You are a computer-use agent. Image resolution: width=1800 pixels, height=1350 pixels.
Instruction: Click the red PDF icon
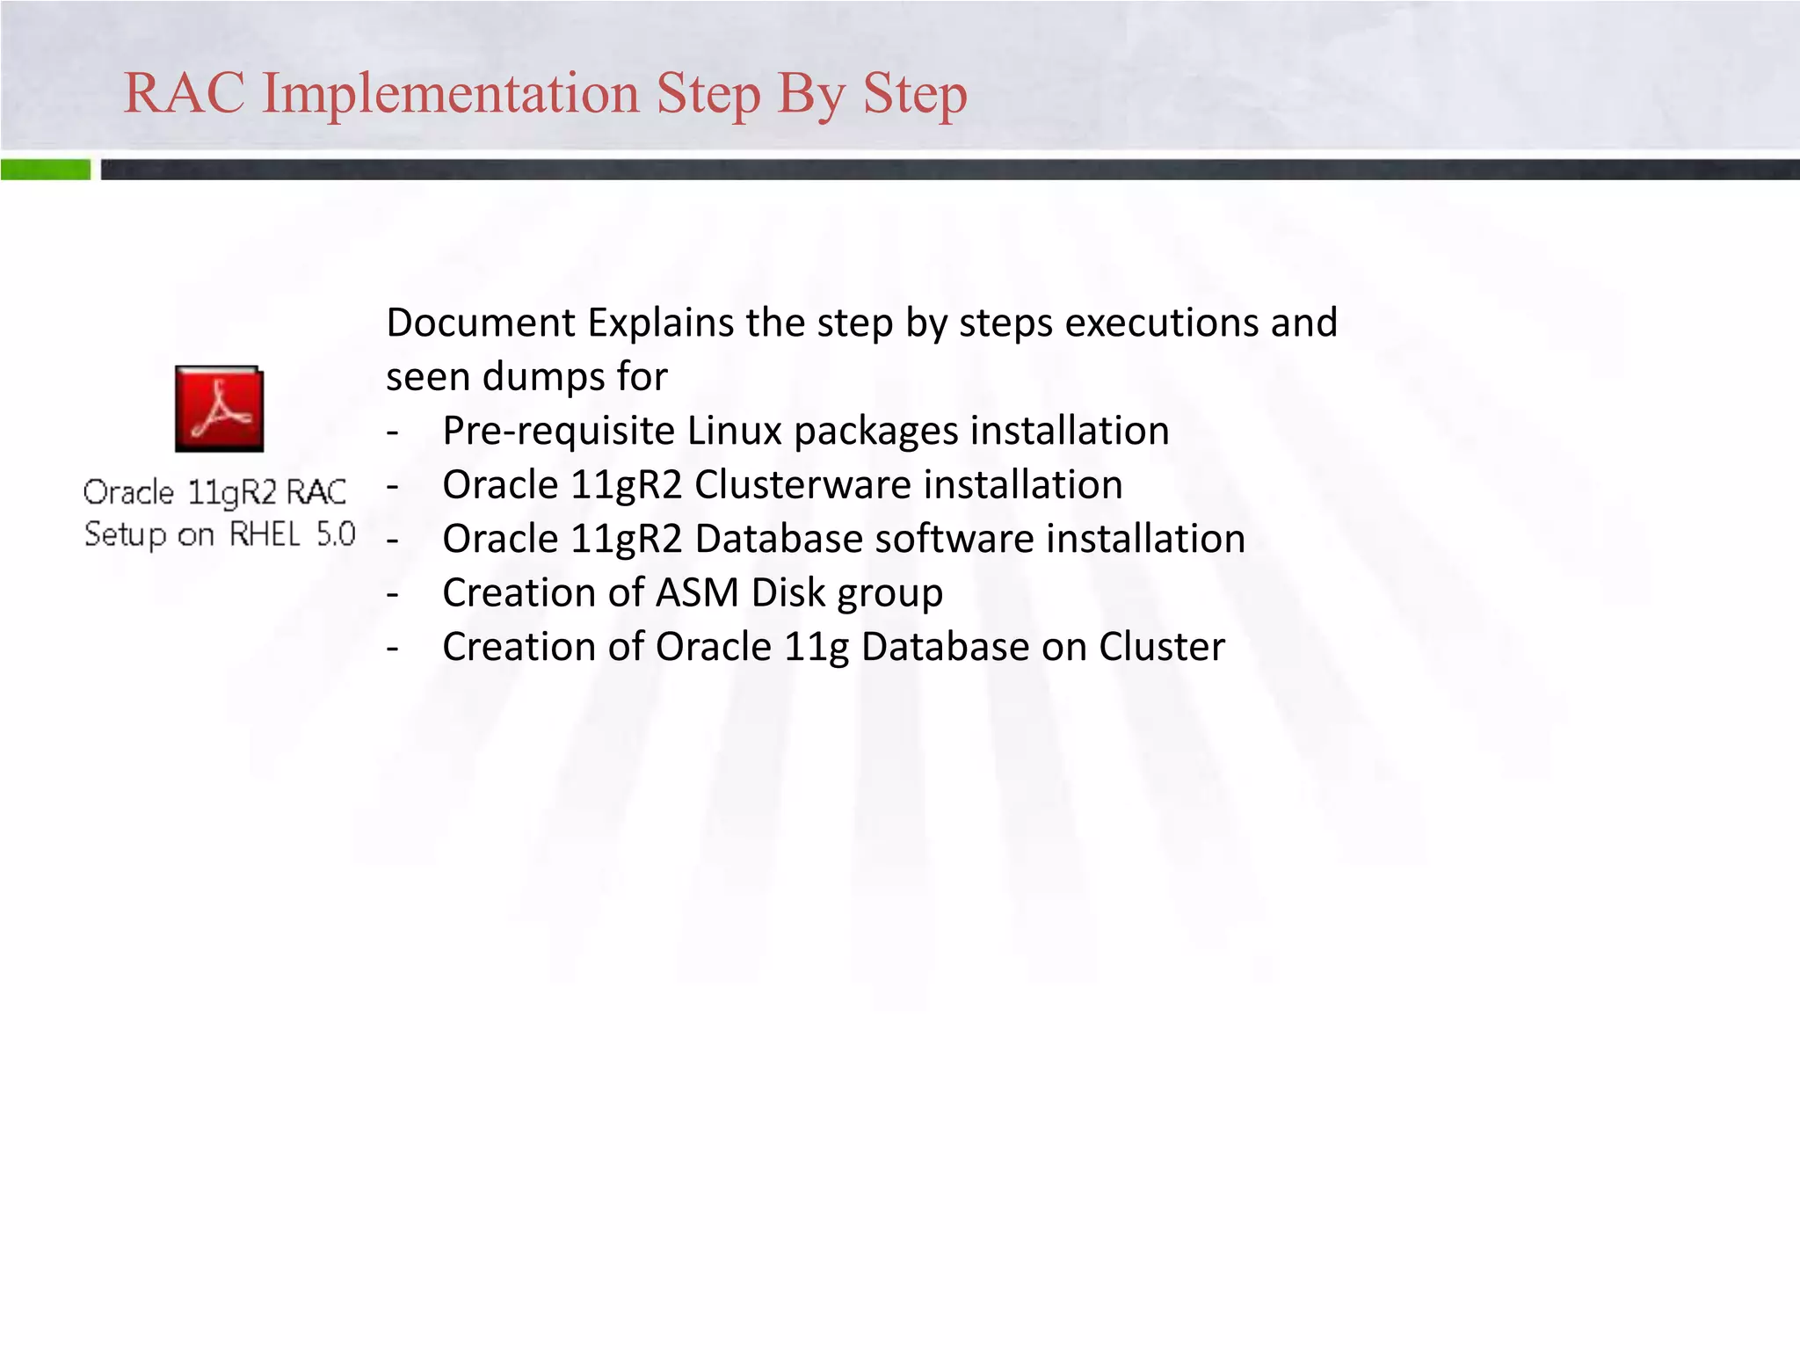point(219,409)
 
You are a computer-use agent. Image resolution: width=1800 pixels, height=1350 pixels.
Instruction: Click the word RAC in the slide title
point(185,93)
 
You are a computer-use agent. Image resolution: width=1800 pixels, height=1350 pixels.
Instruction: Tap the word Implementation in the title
point(451,93)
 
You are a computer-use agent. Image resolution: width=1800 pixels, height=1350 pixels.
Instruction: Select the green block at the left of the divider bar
point(45,170)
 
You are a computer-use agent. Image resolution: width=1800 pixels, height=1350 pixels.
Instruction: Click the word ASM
point(696,593)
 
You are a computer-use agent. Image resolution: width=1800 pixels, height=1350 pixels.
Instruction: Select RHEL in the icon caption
point(265,533)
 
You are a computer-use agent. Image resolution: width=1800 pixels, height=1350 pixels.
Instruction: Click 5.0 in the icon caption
point(336,533)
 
